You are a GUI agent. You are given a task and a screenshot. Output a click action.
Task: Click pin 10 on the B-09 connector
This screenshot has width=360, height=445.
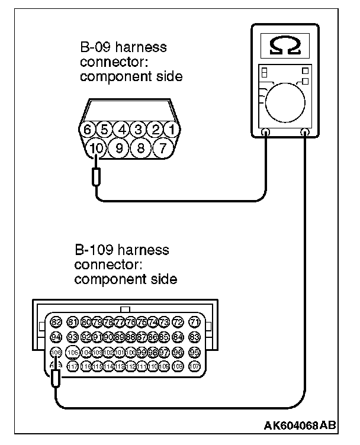pyautogui.click(x=96, y=147)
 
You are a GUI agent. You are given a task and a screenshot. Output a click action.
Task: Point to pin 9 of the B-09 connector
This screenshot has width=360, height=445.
pyautogui.click(x=118, y=147)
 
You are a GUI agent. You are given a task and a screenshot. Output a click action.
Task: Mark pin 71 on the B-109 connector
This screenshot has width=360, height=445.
pyautogui.click(x=194, y=322)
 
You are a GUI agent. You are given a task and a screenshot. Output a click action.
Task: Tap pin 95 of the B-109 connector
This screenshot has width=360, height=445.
pyautogui.click(x=194, y=353)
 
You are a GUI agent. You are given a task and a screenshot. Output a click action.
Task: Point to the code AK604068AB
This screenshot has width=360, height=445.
pyautogui.click(x=301, y=426)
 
